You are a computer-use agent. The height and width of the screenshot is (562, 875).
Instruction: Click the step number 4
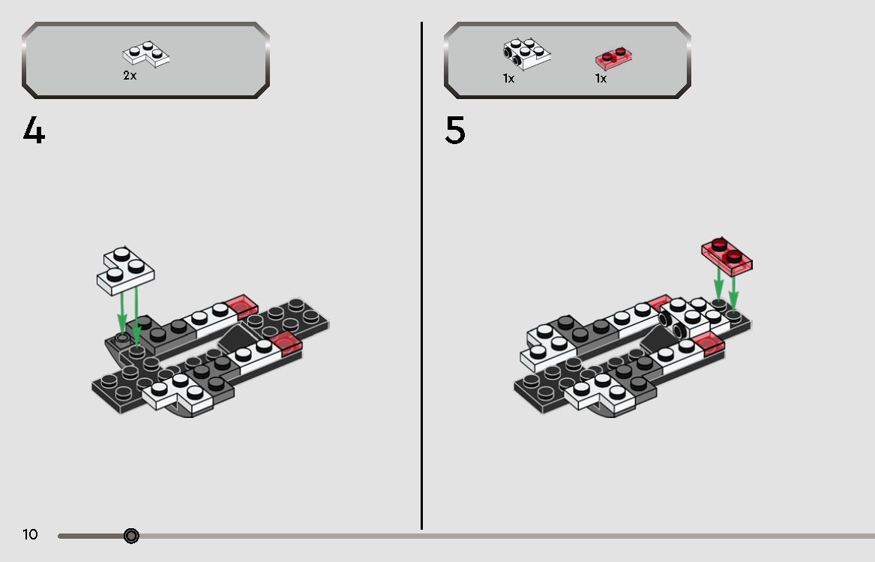(x=34, y=130)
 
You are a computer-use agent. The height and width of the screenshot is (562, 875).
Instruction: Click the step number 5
(x=455, y=130)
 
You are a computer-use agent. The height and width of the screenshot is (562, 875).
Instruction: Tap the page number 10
(x=30, y=535)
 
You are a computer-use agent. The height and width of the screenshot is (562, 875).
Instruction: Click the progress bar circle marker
(x=131, y=536)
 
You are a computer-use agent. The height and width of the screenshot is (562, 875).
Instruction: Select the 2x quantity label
(x=130, y=76)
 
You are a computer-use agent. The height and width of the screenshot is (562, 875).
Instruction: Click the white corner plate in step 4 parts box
(x=146, y=54)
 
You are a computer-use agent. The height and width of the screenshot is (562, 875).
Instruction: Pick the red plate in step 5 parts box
(x=613, y=58)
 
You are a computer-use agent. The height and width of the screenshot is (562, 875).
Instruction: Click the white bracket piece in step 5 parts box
(x=526, y=53)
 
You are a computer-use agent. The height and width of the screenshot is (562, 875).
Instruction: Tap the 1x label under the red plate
(x=601, y=79)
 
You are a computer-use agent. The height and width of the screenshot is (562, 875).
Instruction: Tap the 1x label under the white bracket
(x=508, y=79)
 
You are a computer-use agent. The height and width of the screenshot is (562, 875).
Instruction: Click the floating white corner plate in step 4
(x=125, y=271)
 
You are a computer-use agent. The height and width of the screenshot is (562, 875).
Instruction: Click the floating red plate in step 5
(x=727, y=257)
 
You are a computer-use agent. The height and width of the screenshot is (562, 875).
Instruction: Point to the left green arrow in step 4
(x=121, y=314)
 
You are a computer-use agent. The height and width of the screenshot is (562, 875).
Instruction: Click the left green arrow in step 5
(x=719, y=284)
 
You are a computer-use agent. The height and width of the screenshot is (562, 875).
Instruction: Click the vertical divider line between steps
(x=421, y=275)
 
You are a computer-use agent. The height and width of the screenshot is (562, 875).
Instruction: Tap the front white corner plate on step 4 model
(x=178, y=393)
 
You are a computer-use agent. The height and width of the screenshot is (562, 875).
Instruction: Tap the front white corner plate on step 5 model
(x=600, y=393)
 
